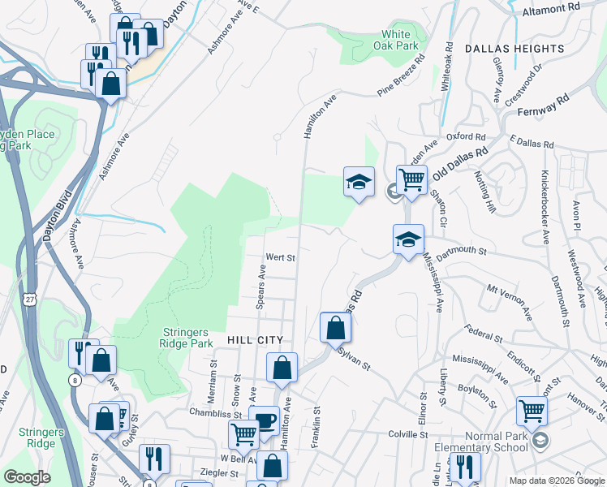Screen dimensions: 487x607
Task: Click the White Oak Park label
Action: (396, 41)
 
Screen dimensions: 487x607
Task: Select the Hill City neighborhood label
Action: (255, 340)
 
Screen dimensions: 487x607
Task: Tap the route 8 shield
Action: (75, 379)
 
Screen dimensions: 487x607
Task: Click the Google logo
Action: (27, 477)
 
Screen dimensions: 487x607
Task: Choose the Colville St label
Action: (407, 435)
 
